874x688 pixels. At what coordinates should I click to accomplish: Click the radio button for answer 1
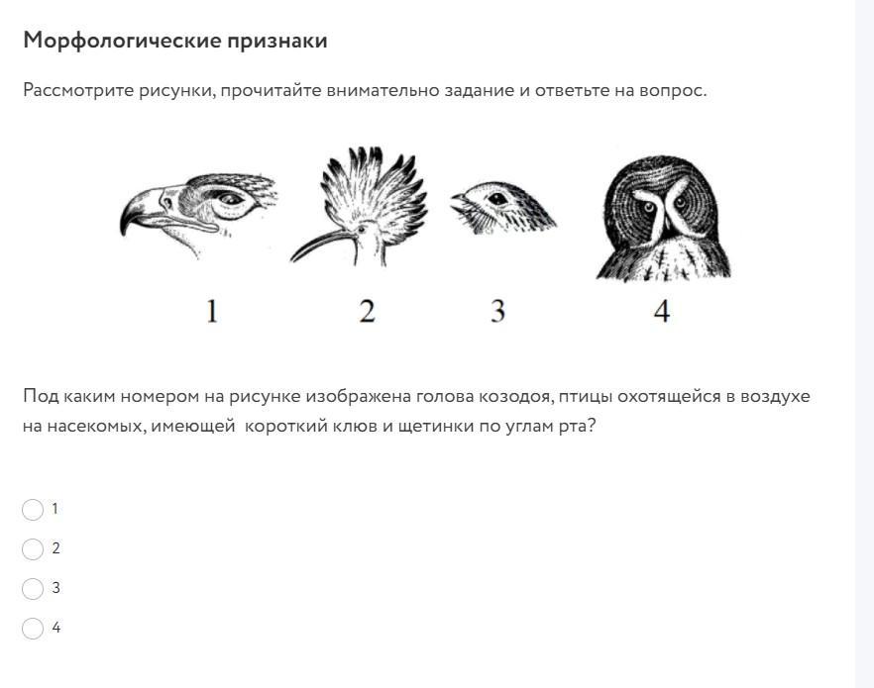(33, 510)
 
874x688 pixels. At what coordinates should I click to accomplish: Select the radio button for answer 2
(33, 548)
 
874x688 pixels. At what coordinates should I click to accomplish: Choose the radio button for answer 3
(33, 588)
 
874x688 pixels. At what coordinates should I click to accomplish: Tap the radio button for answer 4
(33, 629)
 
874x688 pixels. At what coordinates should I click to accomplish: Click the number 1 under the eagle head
(212, 311)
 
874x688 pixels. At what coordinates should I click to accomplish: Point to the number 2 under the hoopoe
(367, 311)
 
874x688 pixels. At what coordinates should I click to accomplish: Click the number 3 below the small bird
(497, 311)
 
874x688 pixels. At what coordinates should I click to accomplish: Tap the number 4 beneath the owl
(662, 311)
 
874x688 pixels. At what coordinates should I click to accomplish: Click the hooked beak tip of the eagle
(123, 233)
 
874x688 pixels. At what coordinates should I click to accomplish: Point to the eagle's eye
(229, 198)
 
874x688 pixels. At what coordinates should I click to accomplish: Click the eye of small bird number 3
(496, 198)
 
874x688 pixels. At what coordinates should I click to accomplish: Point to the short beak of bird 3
(460, 200)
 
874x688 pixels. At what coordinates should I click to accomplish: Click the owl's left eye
(648, 207)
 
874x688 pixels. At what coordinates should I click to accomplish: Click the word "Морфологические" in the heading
(122, 42)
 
